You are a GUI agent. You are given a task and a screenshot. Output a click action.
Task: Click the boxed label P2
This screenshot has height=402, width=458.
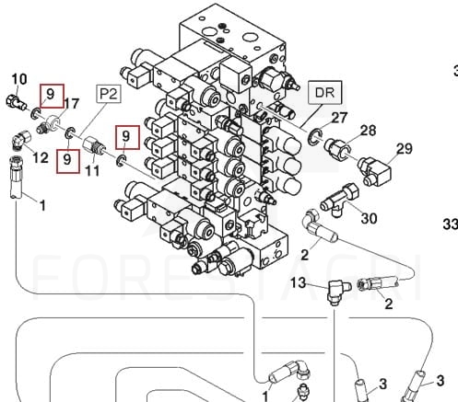click(109, 94)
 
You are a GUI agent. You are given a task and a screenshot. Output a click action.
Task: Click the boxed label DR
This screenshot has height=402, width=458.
click(324, 92)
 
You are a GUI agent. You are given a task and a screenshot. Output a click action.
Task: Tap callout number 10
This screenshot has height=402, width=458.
click(19, 79)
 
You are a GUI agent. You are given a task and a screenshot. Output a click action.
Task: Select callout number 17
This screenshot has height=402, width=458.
click(71, 104)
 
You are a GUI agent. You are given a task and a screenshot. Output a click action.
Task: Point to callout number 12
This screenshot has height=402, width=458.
click(41, 158)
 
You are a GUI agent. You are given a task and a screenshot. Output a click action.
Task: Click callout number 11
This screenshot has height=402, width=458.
click(92, 171)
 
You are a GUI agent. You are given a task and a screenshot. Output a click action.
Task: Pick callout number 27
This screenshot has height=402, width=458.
click(339, 118)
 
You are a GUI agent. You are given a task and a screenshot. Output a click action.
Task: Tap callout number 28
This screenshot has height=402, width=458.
click(368, 131)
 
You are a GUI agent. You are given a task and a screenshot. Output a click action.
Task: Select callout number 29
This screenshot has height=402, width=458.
click(405, 149)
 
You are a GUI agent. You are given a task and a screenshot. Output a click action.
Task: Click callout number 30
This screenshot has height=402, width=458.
click(369, 218)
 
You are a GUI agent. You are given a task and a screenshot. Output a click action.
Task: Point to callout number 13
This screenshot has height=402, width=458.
click(298, 282)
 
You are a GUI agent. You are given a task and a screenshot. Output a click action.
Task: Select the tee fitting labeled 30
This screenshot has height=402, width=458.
click(339, 200)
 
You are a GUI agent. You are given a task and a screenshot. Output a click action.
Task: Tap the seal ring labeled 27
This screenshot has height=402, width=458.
click(314, 137)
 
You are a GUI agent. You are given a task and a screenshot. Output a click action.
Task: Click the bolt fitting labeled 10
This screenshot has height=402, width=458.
click(16, 102)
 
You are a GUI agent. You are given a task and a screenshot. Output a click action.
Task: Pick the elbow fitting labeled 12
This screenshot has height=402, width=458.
click(21, 140)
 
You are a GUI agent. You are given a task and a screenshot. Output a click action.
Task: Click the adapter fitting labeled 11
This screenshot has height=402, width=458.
click(93, 146)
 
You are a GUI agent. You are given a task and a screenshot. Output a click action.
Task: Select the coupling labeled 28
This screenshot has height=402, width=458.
click(337, 147)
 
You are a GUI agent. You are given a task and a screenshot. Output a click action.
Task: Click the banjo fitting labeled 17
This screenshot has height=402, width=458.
click(49, 124)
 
